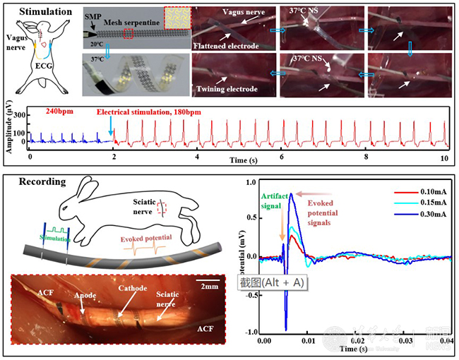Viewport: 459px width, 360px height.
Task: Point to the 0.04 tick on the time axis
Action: coord(439,340)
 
